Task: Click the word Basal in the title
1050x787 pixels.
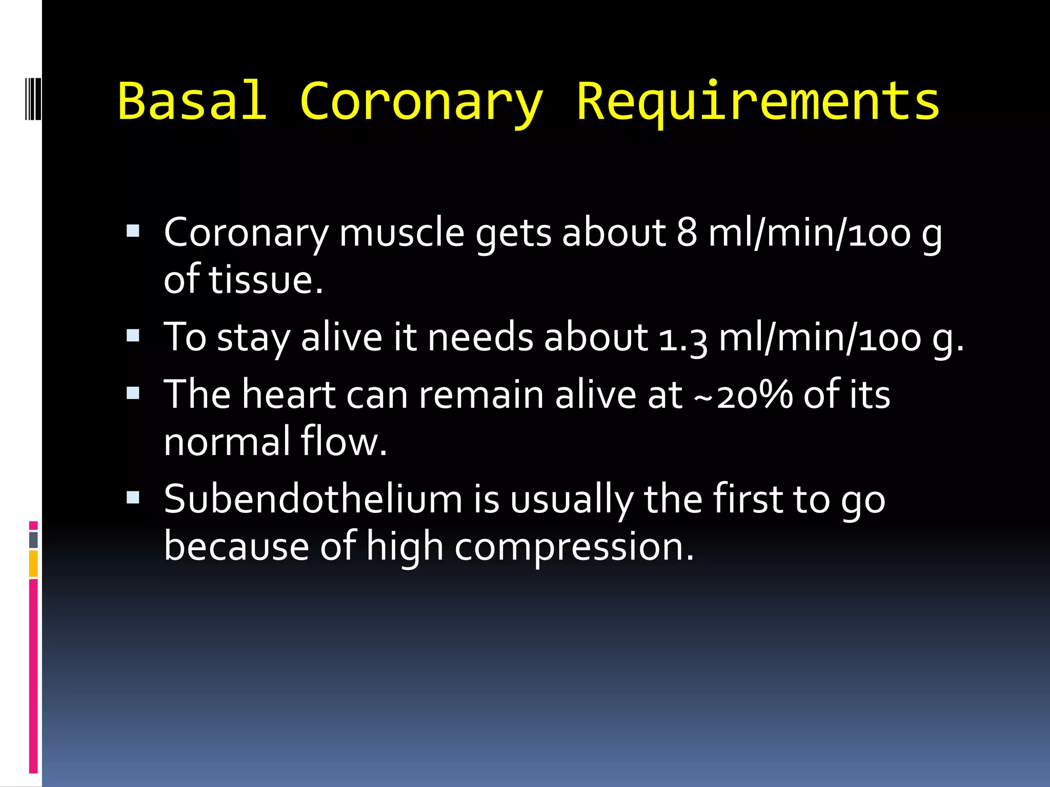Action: point(192,101)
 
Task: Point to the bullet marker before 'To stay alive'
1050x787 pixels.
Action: point(133,336)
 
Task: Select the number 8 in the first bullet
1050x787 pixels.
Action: point(687,233)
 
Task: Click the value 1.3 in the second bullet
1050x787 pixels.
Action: point(683,338)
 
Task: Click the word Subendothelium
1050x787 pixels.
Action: point(313,499)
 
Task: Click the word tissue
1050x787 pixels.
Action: point(266,280)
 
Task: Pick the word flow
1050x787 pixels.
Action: point(343,442)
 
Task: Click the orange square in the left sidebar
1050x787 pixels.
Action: point(33,563)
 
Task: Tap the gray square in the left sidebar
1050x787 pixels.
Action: point(33,540)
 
